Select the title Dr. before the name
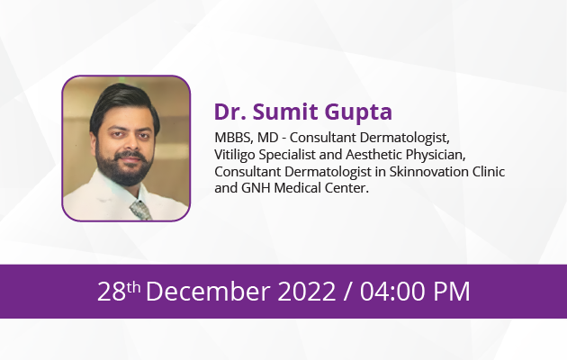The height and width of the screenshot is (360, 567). [230, 112]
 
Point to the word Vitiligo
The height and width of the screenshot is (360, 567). [235, 156]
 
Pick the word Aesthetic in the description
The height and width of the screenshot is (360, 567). [373, 154]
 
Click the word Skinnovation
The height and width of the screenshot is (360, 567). [429, 171]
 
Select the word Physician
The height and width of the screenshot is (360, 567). [436, 155]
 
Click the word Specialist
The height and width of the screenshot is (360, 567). [287, 156]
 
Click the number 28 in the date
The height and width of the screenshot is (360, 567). [112, 292]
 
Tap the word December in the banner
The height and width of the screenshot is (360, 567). [208, 292]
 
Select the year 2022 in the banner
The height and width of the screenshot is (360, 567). [307, 292]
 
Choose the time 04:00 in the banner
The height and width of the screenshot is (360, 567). [392, 292]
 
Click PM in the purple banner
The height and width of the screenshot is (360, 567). [452, 292]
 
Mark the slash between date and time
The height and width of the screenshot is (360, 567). [347, 292]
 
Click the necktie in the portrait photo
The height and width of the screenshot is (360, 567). [140, 210]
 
